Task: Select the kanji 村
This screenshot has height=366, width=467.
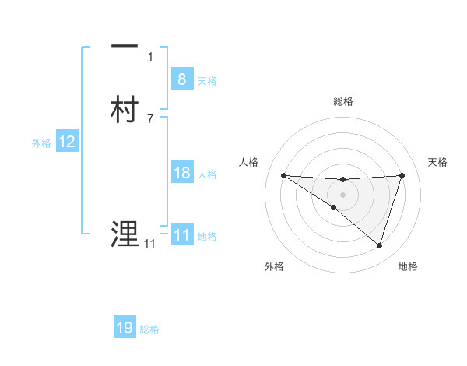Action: pyautogui.click(x=125, y=109)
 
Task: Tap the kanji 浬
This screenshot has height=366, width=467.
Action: pyautogui.click(x=125, y=234)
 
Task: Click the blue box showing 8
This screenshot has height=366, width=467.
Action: pyautogui.click(x=181, y=79)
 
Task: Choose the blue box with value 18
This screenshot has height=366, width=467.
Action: pyautogui.click(x=181, y=173)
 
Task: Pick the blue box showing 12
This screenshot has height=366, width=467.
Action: pyautogui.click(x=66, y=142)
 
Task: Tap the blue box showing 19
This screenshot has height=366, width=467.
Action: pyautogui.click(x=125, y=328)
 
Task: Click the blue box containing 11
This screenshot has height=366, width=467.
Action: pyautogui.click(x=181, y=235)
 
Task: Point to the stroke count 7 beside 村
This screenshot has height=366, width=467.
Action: pyautogui.click(x=150, y=118)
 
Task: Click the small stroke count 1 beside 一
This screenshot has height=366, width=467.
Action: pyautogui.click(x=150, y=56)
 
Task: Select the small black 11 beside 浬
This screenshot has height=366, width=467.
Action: pyautogui.click(x=149, y=244)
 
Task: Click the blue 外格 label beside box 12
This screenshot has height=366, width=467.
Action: pyautogui.click(x=40, y=143)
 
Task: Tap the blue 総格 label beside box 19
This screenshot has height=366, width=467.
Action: pyautogui.click(x=149, y=329)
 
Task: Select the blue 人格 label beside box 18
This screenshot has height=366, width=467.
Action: pyautogui.click(x=208, y=174)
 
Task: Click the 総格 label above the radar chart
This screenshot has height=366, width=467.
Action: pyautogui.click(x=342, y=101)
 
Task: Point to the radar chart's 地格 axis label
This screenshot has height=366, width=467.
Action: pyautogui.click(x=408, y=267)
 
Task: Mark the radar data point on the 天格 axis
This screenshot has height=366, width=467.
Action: pyautogui.click(x=402, y=175)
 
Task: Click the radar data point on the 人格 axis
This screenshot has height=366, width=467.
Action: pyautogui.click(x=283, y=175)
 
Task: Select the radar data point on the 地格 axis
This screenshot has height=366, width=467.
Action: pyautogui.click(x=379, y=245)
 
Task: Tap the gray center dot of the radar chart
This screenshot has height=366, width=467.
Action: pyautogui.click(x=342, y=194)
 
